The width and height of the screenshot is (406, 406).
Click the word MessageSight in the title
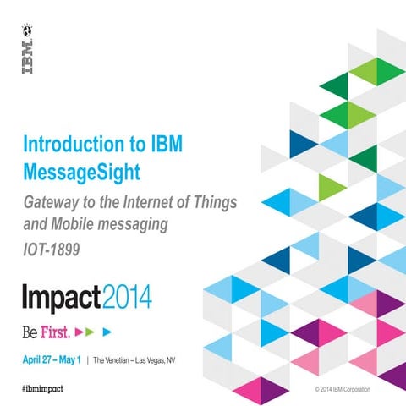[82, 173]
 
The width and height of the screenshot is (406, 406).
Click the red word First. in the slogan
[53, 328]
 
